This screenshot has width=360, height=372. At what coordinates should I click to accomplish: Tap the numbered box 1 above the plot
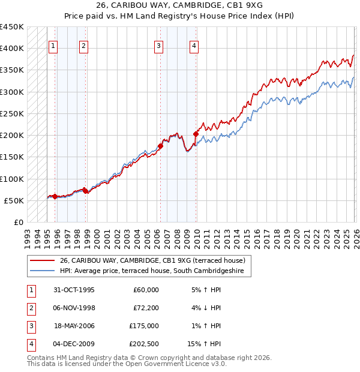(53, 46)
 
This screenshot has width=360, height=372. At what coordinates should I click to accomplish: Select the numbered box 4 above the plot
(194, 46)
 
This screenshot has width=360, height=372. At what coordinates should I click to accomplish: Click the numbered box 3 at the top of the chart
(158, 46)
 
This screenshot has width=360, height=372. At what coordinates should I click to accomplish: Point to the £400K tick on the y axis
(12, 49)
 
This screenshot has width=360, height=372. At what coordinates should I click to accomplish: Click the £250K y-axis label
(12, 113)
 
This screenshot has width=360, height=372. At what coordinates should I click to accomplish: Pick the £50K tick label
(14, 200)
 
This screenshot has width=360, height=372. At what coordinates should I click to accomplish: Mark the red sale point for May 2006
(161, 146)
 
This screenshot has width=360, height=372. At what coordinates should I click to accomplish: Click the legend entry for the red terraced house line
(152, 261)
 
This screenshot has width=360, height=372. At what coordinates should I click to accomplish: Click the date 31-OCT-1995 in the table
(74, 290)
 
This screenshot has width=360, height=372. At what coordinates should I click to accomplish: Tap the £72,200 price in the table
(146, 308)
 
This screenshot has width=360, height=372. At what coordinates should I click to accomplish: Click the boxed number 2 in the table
(30, 308)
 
